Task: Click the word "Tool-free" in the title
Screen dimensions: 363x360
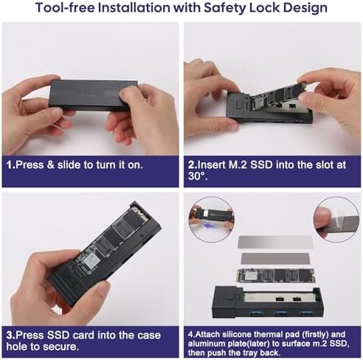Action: point(65,7)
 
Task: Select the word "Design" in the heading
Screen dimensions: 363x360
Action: point(305,8)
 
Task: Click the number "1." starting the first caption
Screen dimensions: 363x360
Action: point(11,165)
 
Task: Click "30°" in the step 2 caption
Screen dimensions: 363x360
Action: point(196,176)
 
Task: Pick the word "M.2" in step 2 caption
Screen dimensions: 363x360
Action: point(238,165)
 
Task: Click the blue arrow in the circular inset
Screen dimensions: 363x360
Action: point(208,226)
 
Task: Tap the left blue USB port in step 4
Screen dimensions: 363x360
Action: point(255,313)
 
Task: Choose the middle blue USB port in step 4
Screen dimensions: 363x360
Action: point(281,313)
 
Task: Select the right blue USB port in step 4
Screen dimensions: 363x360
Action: point(306,313)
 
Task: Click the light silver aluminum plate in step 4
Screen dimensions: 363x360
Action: point(275,242)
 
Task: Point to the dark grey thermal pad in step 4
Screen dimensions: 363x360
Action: point(275,258)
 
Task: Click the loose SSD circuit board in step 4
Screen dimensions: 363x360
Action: point(276,275)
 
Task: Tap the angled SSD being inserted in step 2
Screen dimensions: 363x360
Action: point(280,94)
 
